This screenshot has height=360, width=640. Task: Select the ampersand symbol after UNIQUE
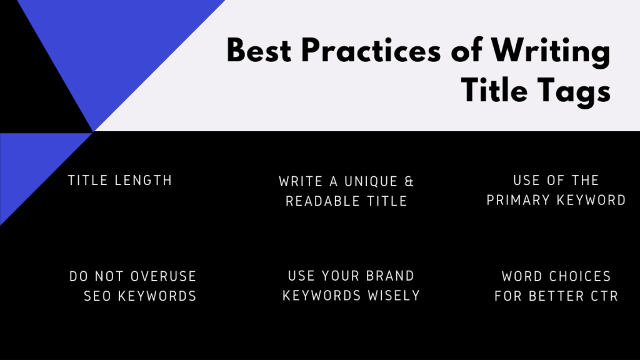click(x=409, y=182)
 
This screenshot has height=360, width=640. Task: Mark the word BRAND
click(x=391, y=276)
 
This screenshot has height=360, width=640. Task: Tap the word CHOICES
click(x=581, y=276)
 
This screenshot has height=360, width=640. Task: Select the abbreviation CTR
click(x=603, y=296)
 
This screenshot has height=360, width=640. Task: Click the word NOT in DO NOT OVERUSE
click(x=112, y=276)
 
